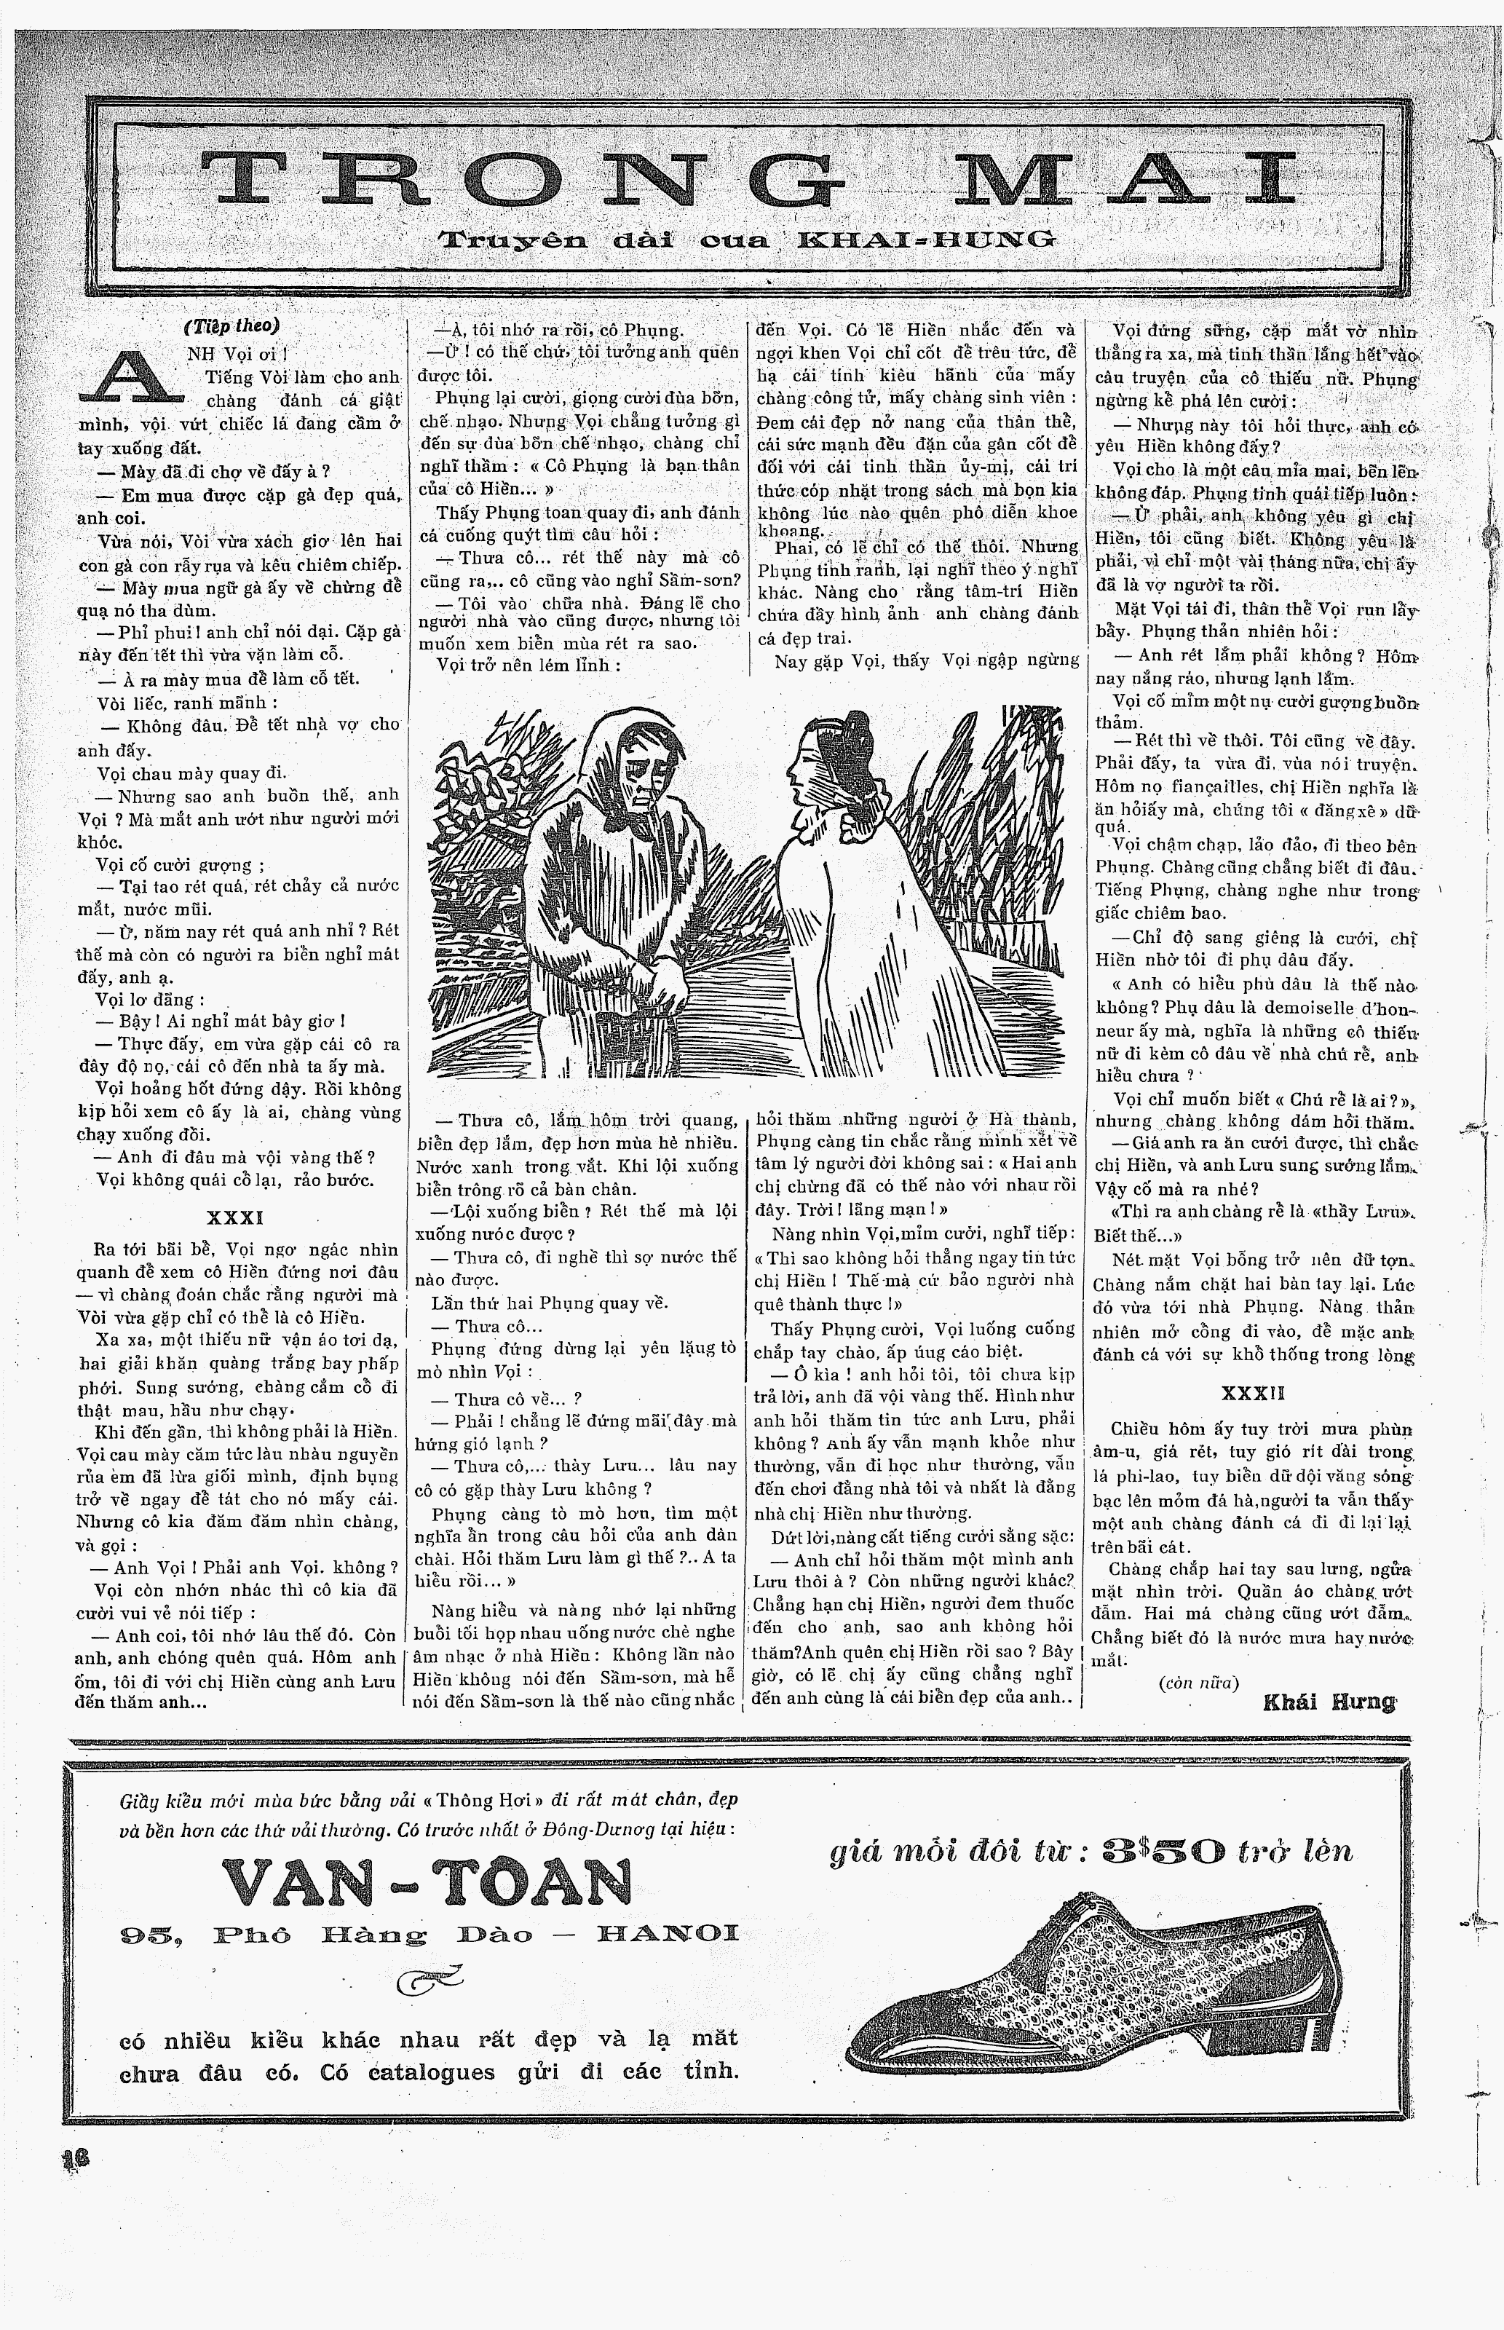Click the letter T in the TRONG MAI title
(255, 178)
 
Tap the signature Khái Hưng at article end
(1329, 1702)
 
